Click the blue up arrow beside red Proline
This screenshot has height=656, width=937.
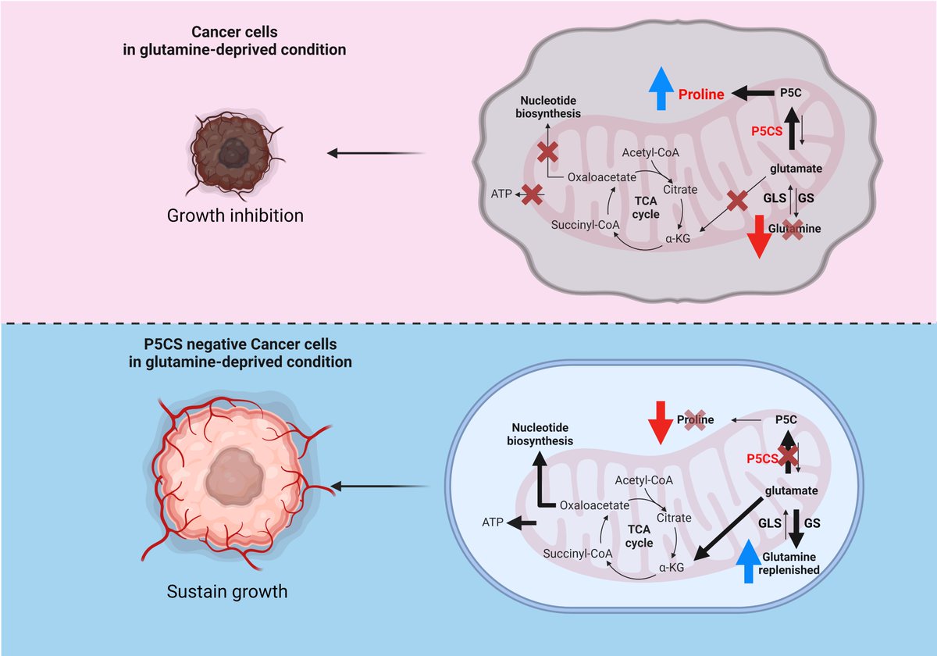(661, 88)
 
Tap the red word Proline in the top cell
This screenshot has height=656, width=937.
(701, 94)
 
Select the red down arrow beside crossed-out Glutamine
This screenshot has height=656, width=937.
(760, 237)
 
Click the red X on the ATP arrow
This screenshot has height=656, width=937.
(532, 194)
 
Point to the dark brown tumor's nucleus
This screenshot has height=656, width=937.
(234, 154)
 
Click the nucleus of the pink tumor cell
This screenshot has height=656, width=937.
(234, 476)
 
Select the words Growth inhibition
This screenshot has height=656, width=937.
(235, 216)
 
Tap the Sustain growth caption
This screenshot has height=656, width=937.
(227, 592)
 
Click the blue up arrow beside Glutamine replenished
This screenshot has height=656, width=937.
(749, 561)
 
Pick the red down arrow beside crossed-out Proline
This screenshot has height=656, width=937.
(661, 422)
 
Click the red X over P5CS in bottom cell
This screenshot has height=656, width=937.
(788, 457)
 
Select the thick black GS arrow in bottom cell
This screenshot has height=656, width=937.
(796, 529)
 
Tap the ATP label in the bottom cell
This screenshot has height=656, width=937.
(493, 522)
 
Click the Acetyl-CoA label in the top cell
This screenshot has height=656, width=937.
(650, 152)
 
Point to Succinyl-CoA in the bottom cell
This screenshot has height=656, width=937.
(577, 554)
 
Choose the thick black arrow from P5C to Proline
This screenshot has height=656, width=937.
(753, 93)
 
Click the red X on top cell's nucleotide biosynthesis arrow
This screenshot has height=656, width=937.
(547, 152)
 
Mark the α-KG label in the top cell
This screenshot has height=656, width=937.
(678, 238)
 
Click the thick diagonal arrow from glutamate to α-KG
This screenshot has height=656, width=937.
(728, 529)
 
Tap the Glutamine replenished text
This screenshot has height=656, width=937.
(789, 563)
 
